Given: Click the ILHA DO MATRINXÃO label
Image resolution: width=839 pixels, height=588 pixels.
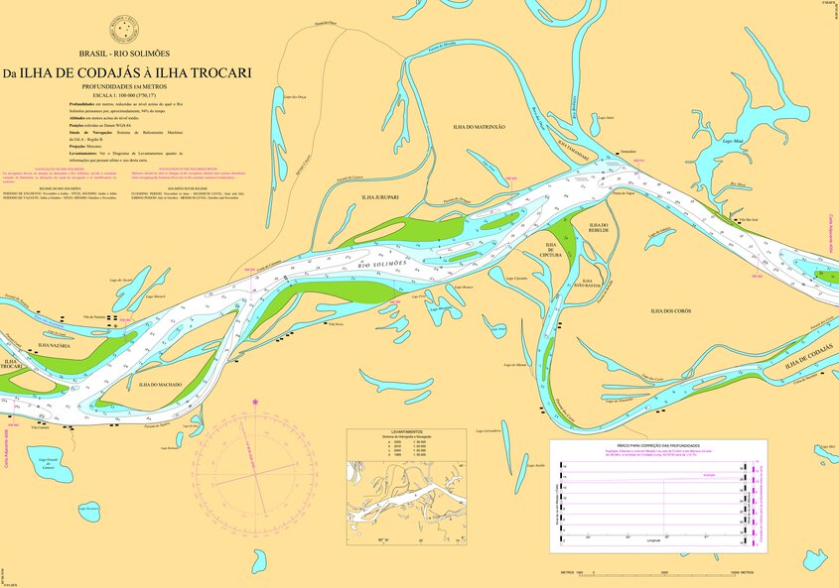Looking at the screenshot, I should coord(479,127).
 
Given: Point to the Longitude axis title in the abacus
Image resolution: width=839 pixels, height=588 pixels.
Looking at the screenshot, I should coord(652,541).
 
